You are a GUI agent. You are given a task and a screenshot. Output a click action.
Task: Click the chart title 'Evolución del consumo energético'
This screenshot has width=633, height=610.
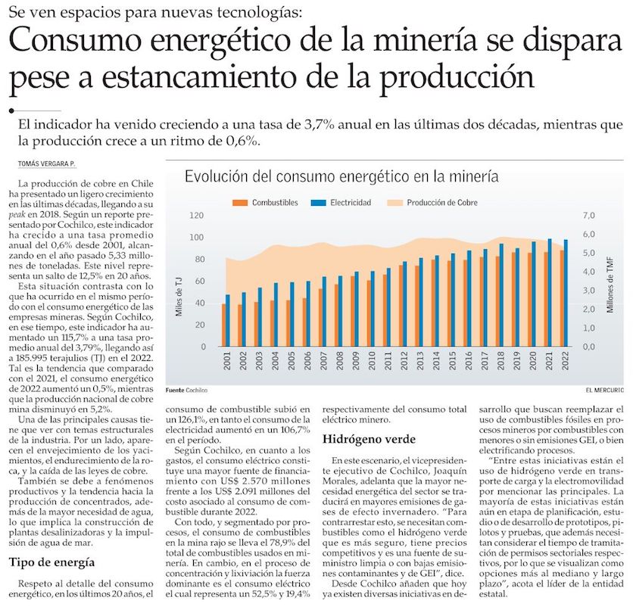[x=341, y=177]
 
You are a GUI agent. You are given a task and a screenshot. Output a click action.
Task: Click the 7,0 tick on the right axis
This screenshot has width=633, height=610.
[x=589, y=216]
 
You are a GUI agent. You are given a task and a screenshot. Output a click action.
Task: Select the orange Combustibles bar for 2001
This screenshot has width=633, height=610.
[x=224, y=325]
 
